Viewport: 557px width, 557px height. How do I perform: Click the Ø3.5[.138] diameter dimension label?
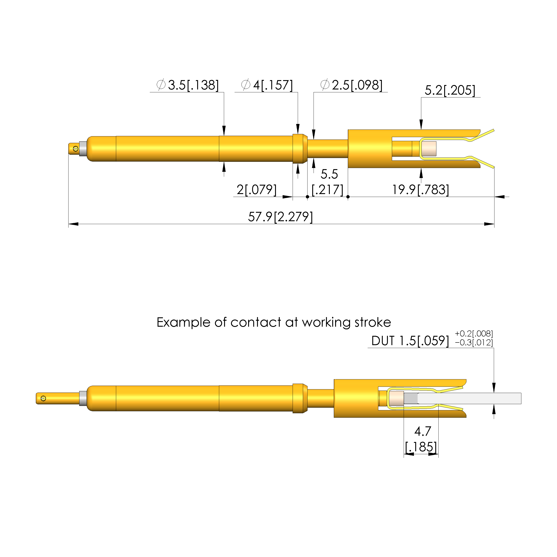(x=188, y=85)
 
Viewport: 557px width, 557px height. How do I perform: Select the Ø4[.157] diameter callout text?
(x=267, y=85)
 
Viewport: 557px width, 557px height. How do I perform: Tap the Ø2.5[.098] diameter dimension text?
(x=351, y=85)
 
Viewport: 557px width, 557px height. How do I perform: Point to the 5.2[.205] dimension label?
(x=450, y=90)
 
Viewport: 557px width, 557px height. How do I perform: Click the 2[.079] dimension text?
(x=257, y=190)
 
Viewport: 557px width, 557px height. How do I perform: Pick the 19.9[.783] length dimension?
(x=421, y=190)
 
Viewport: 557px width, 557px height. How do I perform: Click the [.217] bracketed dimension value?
(x=328, y=190)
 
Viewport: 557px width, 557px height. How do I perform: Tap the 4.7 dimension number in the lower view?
(x=423, y=431)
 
